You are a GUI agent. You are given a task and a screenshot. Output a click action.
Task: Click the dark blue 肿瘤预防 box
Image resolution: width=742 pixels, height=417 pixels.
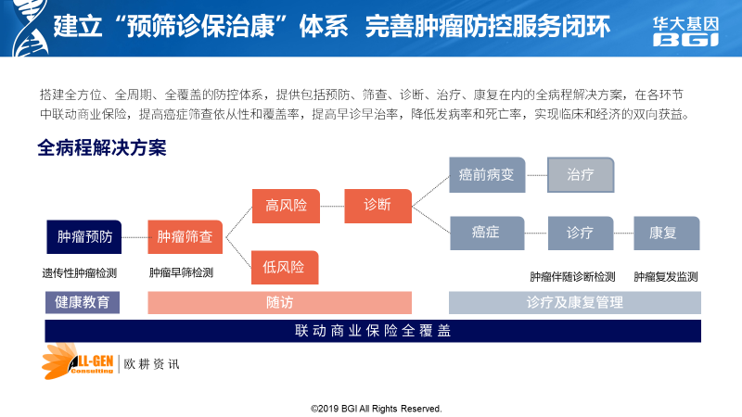pos(84,237)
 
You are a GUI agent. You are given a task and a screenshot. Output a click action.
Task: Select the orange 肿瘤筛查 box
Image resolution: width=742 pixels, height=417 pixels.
pos(185,237)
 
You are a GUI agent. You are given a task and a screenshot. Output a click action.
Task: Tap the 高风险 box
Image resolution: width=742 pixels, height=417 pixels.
pos(286,206)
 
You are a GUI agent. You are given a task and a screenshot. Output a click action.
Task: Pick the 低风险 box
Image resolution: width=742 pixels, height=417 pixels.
pos(285,268)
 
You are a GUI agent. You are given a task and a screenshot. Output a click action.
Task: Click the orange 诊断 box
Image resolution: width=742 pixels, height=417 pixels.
pos(378,206)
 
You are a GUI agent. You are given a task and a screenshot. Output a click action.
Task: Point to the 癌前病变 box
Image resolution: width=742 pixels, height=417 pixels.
pos(487,175)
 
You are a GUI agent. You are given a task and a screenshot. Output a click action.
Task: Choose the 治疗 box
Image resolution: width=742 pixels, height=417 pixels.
pos(581,175)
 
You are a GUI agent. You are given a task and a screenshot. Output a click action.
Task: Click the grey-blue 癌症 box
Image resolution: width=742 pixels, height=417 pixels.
pos(487,234)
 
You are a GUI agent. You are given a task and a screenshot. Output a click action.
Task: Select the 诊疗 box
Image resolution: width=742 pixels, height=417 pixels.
pos(581,234)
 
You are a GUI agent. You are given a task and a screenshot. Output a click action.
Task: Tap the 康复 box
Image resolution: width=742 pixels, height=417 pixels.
pos(666,234)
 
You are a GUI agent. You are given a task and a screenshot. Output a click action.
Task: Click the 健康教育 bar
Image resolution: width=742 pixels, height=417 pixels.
pos(83,303)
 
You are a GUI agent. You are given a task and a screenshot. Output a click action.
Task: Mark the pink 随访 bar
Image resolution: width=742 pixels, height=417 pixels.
pos(280,303)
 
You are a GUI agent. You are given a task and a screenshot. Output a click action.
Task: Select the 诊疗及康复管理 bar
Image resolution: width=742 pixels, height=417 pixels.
pos(574,303)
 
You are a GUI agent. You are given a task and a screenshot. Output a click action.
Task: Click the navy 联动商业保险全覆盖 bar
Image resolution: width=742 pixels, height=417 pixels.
pos(373,331)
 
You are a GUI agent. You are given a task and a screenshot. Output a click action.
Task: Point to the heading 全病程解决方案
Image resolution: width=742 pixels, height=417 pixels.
pos(102,148)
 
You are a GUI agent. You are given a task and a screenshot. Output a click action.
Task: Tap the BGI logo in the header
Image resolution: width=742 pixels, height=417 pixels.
pos(685,32)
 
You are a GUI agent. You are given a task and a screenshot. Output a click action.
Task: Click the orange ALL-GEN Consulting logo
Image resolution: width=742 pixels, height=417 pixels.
pos(78,361)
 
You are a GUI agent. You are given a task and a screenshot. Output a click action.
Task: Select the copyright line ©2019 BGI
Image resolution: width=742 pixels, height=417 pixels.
pos(377,409)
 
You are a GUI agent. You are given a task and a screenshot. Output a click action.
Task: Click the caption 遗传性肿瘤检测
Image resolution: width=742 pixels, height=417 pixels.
pos(80,273)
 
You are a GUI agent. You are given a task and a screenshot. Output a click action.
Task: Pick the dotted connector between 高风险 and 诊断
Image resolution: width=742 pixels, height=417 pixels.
pos(332,206)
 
